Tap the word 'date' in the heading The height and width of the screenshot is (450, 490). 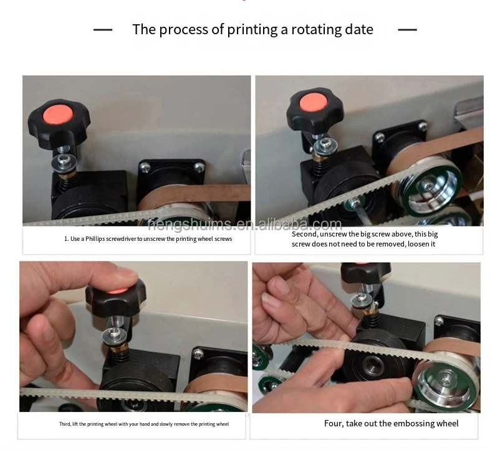(359, 30)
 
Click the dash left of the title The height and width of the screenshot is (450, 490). (103, 30)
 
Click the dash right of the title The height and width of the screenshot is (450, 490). (408, 30)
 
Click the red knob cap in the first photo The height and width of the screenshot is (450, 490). (58, 115)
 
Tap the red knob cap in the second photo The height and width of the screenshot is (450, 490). (313, 103)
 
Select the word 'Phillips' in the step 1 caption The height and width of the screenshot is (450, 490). (95, 239)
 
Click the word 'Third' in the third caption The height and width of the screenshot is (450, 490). (65, 424)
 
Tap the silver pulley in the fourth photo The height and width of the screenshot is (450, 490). (444, 381)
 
